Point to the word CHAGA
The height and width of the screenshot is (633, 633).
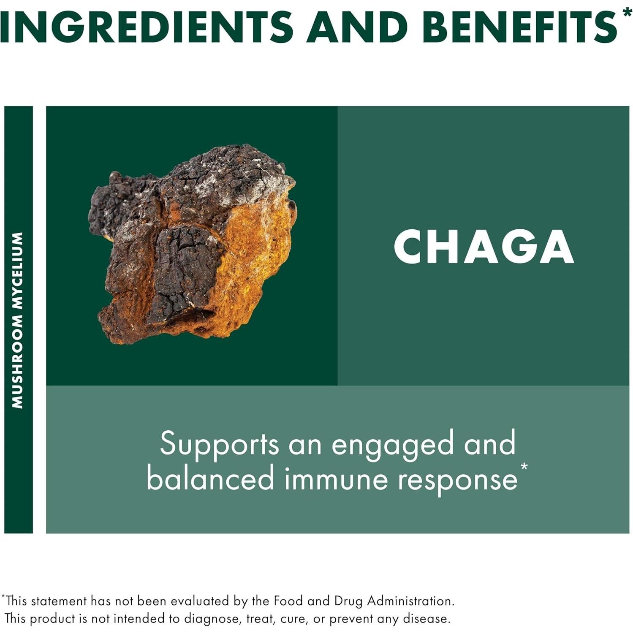(x=484, y=247)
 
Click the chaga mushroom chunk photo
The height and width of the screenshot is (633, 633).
(x=192, y=245)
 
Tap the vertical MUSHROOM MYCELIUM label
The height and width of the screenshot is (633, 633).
(x=18, y=320)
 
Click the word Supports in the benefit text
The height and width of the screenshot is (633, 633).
(x=219, y=444)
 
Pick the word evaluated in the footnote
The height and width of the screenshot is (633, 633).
(x=201, y=601)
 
